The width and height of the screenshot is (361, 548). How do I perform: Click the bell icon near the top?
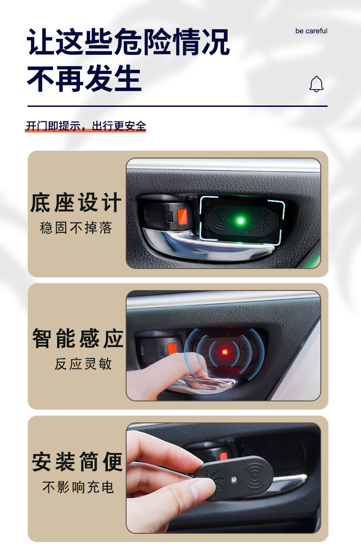316,84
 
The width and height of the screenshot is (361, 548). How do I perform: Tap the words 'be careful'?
311,31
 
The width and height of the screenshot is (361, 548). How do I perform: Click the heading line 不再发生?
84,79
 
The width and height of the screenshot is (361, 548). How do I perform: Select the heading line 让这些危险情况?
128,42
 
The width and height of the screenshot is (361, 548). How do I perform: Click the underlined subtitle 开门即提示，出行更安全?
86,126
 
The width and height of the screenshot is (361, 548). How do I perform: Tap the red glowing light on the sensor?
224,352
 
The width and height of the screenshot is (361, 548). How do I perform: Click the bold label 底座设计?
76,203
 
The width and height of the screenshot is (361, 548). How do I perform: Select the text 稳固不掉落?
76,228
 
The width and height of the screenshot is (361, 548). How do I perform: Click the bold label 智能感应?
78,339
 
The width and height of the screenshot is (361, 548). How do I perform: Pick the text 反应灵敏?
83,364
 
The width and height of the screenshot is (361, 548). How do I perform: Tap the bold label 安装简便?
78,462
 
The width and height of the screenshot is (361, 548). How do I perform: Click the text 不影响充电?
78,487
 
